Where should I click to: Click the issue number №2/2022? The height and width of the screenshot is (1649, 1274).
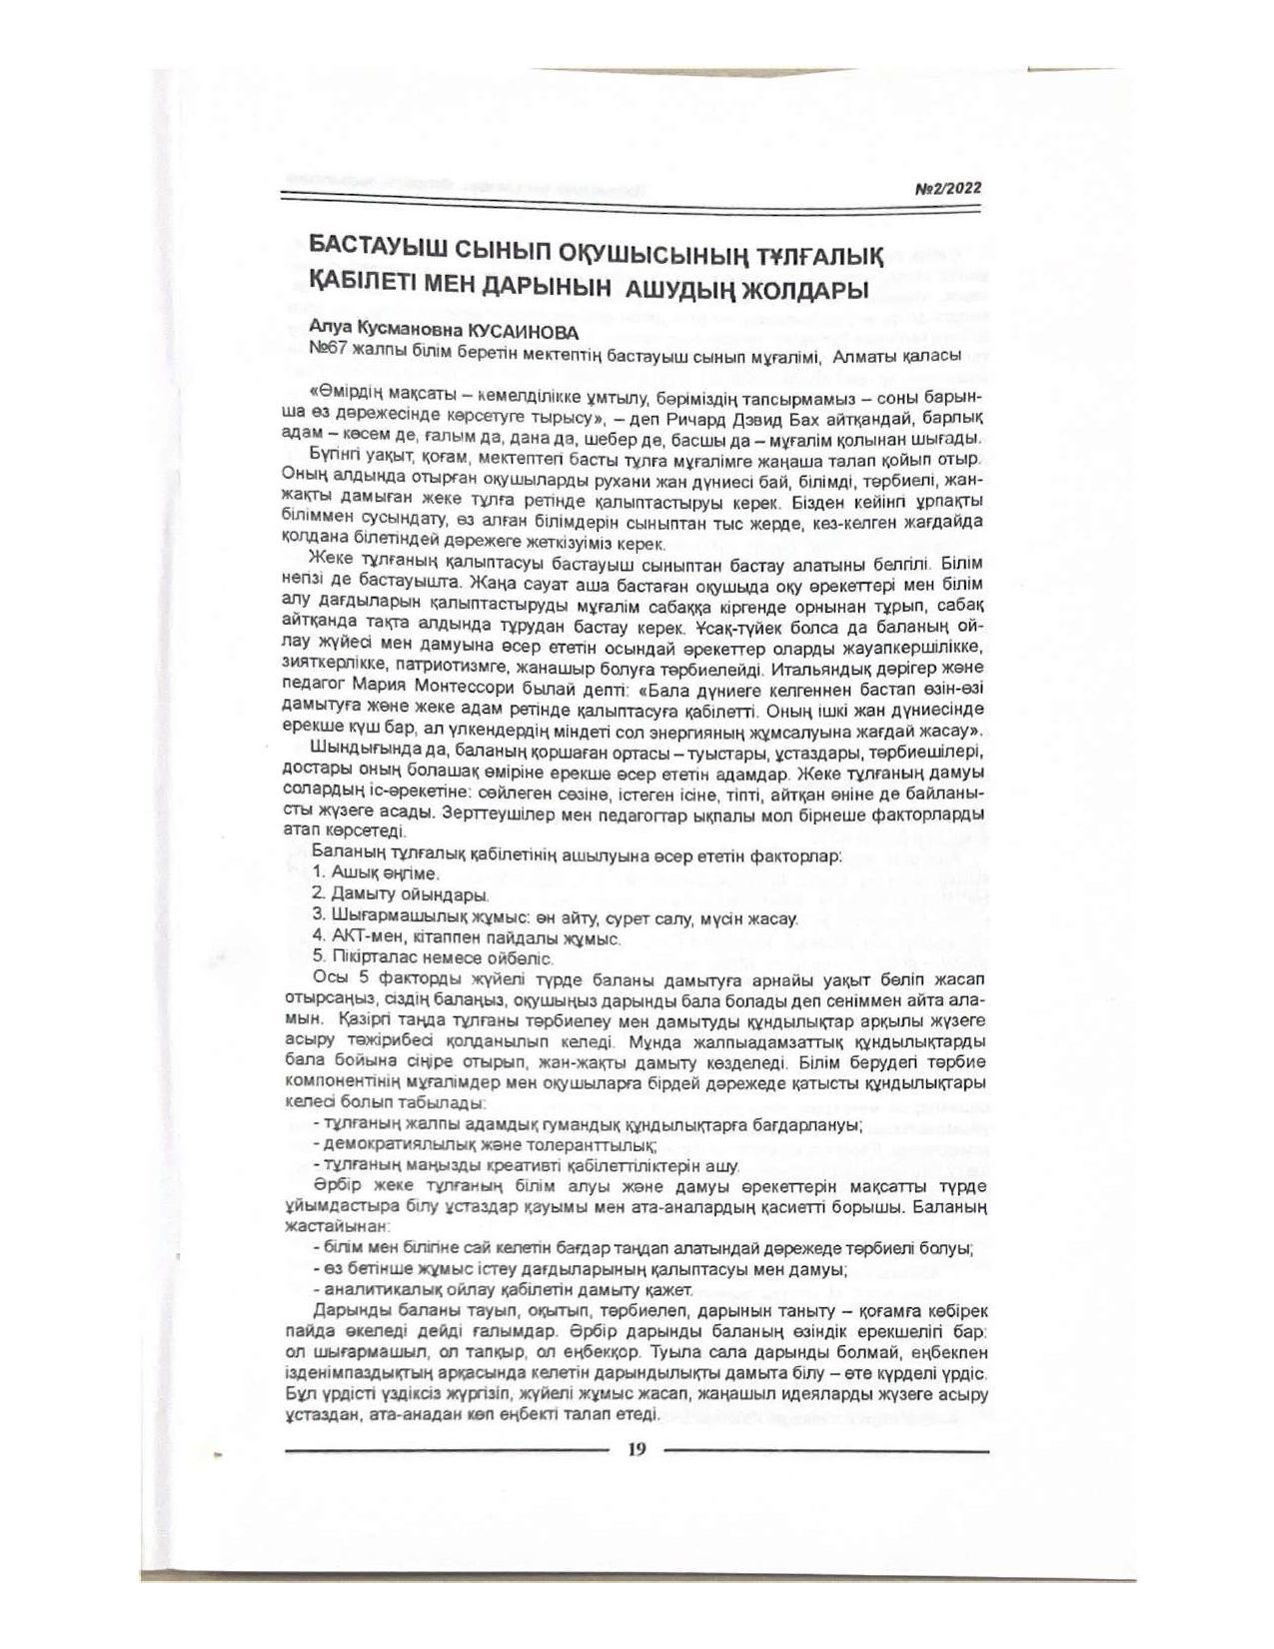(x=948, y=187)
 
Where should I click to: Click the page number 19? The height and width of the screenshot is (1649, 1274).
(x=637, y=1450)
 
